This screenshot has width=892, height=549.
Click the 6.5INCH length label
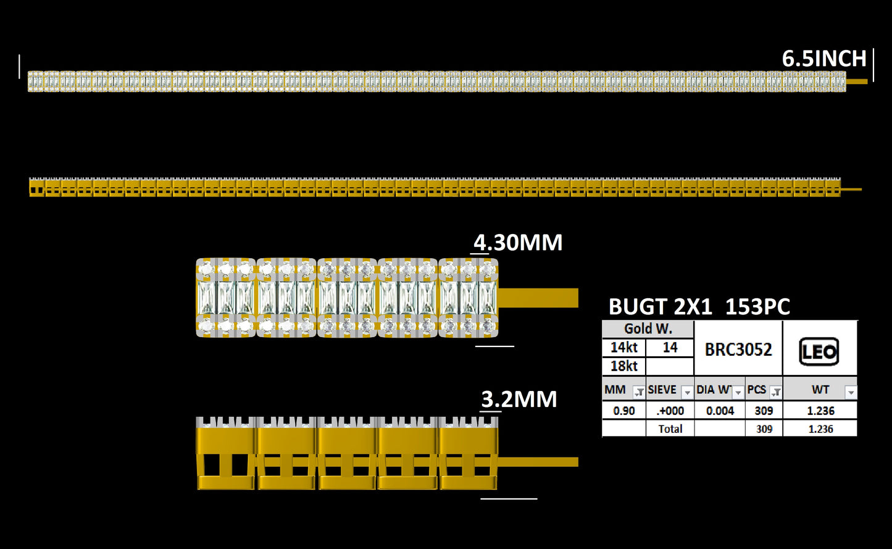[x=824, y=59]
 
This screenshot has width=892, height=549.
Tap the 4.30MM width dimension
[x=517, y=243]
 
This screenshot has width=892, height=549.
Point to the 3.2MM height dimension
[x=519, y=400]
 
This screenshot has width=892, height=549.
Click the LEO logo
[x=819, y=351]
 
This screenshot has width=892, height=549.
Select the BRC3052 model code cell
[x=738, y=350]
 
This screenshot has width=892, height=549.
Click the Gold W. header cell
[x=648, y=329]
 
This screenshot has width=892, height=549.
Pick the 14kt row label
[x=623, y=348]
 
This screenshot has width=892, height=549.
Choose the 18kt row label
[x=623, y=366]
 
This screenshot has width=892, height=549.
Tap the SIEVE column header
[x=662, y=390]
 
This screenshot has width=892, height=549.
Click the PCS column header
[x=756, y=390]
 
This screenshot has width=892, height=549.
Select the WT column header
[x=820, y=390]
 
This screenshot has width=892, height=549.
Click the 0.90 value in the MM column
[x=623, y=411]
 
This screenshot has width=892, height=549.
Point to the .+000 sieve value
[x=670, y=411]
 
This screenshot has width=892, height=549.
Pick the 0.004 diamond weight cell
[x=720, y=411]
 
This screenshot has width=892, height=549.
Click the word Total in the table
[x=670, y=429]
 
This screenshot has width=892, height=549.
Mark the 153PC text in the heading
[x=757, y=307]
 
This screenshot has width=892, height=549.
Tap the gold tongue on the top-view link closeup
[x=538, y=298]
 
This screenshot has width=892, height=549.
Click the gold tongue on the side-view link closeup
[x=538, y=462]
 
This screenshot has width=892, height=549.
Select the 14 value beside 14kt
[x=670, y=348]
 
